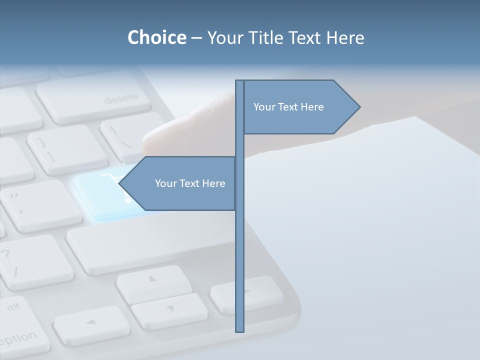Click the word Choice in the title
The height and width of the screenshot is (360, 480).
click(156, 37)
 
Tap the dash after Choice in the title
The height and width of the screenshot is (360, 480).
click(196, 38)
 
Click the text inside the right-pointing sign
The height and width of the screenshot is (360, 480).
click(288, 107)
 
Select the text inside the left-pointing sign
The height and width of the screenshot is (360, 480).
click(190, 183)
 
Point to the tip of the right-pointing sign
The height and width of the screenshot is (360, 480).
click(359, 106)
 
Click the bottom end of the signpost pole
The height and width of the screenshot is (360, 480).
click(239, 330)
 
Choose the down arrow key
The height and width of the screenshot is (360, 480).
click(169, 310)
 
